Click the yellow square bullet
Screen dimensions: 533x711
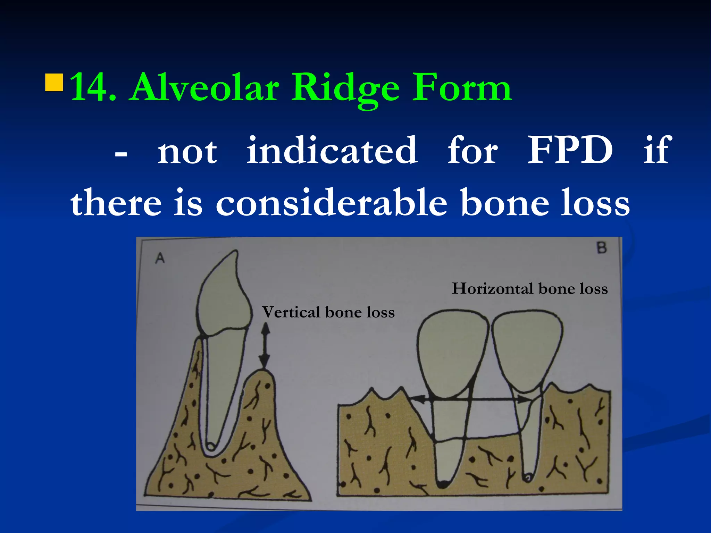(54, 82)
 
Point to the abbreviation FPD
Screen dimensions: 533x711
(570, 151)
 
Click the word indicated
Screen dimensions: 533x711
(332, 151)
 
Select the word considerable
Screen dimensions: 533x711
(331, 203)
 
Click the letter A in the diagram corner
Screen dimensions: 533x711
(160, 258)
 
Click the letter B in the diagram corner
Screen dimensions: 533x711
(602, 248)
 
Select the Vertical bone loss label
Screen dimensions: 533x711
(328, 312)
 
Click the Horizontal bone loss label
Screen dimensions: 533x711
(529, 289)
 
